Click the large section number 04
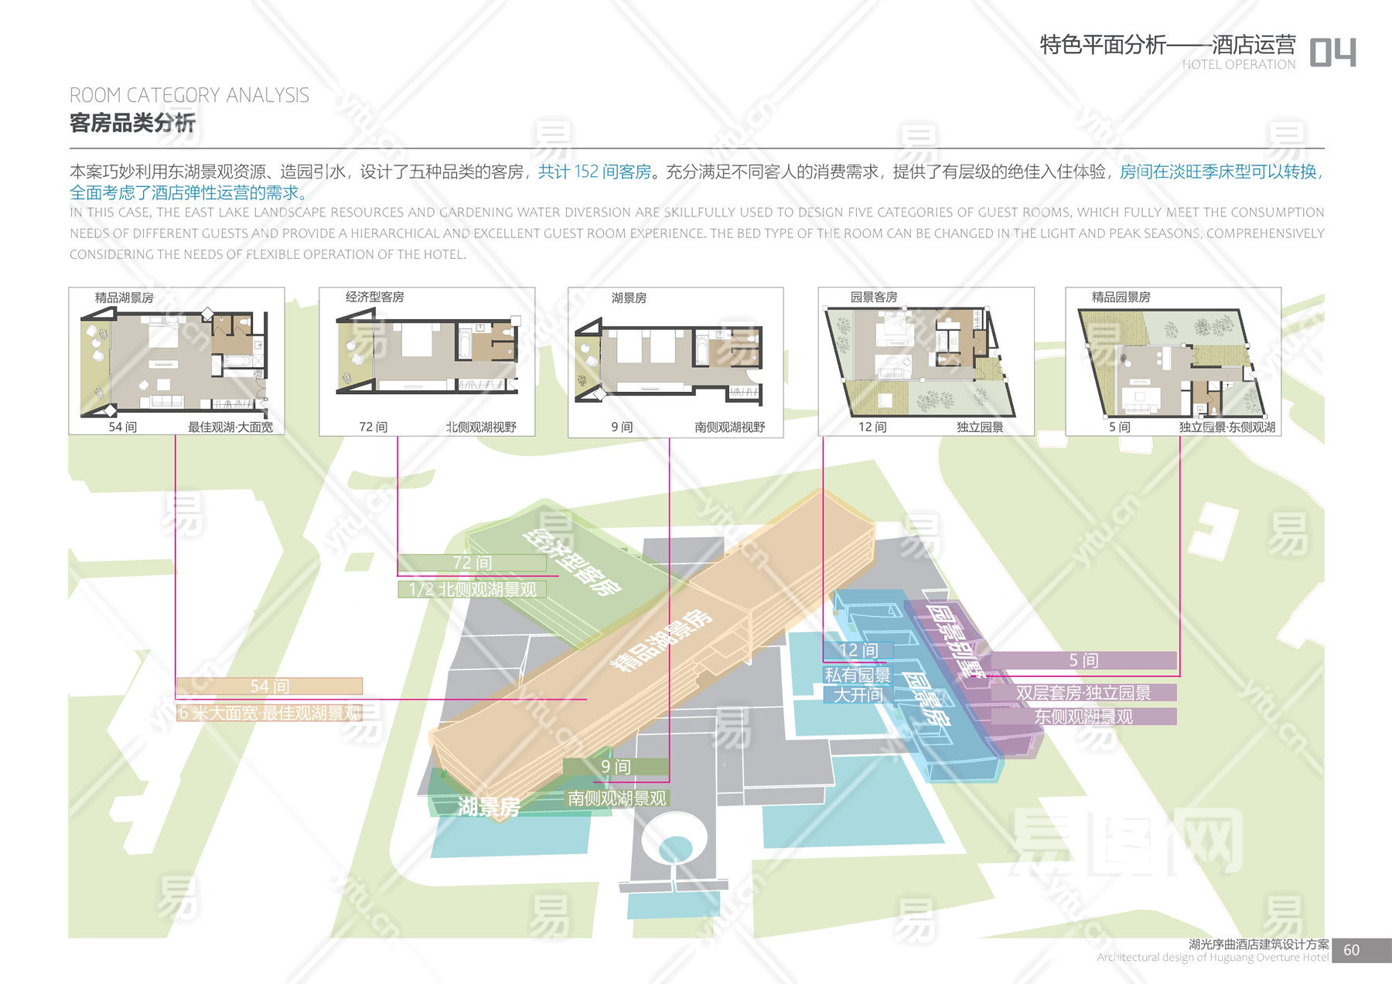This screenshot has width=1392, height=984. point(1332,53)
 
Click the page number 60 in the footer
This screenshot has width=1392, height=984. point(1351,950)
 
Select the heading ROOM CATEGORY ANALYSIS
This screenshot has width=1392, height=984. point(189,95)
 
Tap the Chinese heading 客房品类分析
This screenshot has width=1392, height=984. point(132,123)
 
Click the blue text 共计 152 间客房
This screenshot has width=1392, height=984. point(595,172)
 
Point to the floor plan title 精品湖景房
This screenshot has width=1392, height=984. point(124,298)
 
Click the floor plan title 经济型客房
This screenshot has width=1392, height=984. point(374,297)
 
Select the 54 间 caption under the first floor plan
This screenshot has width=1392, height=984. point(122,427)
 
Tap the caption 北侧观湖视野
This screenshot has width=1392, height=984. point(480,427)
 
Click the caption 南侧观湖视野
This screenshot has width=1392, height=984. point(729,427)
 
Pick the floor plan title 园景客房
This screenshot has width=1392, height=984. point(874,297)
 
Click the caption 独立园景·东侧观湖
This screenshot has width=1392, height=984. point(1227,427)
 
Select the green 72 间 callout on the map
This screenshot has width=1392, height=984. point(472,563)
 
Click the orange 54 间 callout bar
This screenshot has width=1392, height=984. point(269,686)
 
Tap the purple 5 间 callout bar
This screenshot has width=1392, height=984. point(1083,660)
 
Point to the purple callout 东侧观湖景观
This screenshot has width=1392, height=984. point(1083,717)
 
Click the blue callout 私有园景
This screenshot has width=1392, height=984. point(857,675)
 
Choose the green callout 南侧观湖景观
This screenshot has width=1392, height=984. point(616,798)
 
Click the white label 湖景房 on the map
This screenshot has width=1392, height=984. point(488,807)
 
